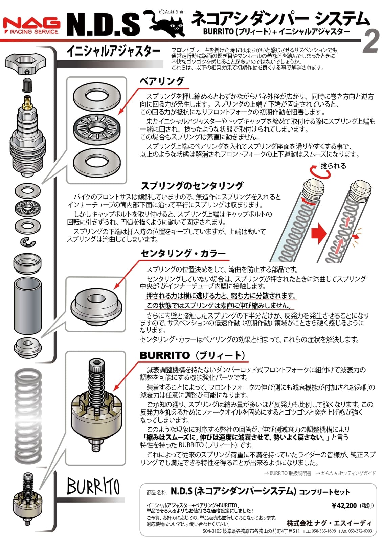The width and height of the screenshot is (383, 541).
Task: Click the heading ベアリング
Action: tap(162, 81)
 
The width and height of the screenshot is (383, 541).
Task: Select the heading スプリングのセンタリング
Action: tap(192, 186)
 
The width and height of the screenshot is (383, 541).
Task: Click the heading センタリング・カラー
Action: tap(183, 253)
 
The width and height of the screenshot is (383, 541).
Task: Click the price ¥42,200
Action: tap(344, 505)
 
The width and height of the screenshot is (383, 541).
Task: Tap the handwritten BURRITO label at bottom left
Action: tap(93, 486)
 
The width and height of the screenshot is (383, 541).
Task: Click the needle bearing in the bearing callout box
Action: tap(97, 127)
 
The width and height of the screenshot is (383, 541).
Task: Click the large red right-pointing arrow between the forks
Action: tap(318, 234)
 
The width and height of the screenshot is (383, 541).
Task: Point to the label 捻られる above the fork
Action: tap(333, 166)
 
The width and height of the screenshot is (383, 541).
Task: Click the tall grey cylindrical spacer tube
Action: tap(27, 305)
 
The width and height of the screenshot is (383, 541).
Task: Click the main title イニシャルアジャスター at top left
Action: tap(113, 51)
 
